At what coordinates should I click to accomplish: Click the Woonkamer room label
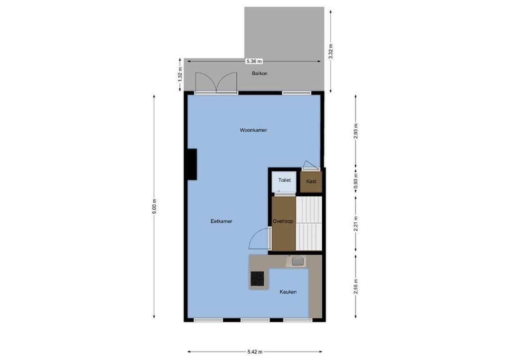pos(253,130)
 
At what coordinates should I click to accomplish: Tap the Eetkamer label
pos(221,221)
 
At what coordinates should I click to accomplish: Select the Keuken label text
pos(288,292)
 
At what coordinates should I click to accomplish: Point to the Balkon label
pos(260,73)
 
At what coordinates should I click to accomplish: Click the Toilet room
pos(284,181)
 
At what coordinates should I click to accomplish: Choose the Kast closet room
pos(311,182)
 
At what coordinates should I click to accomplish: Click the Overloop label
pos(283,221)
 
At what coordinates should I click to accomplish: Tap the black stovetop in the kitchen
pos(258,279)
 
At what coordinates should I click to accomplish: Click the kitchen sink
pos(297,261)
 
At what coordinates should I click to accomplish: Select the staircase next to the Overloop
pos(309,223)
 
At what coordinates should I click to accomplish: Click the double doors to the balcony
pos(216,82)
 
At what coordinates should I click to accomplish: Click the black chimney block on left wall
pos(192,165)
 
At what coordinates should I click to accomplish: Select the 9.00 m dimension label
pos(154,207)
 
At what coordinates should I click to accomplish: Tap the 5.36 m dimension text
pos(254,61)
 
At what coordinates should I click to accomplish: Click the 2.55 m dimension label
pos(356,287)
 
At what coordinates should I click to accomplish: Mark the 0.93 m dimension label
pos(356,183)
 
